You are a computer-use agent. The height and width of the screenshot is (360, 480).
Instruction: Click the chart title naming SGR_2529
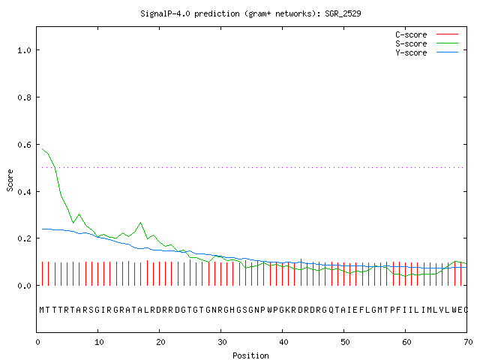coord(250,13)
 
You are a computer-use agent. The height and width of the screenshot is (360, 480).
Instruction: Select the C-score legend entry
coord(427,34)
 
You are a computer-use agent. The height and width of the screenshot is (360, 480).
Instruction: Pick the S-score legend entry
coord(427,43)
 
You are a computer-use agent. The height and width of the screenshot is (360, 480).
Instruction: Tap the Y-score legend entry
coord(427,52)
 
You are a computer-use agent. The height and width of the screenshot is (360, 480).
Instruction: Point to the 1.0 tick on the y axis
coord(24,50)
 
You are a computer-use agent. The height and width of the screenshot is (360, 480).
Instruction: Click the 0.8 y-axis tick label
coord(24,97)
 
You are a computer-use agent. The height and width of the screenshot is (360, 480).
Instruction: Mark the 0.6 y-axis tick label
coord(24,145)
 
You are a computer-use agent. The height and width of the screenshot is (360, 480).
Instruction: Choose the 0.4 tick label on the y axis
coord(24,192)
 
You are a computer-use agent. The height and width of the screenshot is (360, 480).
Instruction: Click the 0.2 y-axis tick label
coord(24,238)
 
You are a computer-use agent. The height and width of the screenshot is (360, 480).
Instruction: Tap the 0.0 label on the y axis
coord(24,286)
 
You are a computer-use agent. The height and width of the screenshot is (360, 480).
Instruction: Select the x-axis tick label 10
coord(99,342)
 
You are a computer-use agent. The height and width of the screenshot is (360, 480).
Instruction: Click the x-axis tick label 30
coord(222,342)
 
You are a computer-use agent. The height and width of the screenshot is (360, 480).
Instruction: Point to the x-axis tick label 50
coord(345,342)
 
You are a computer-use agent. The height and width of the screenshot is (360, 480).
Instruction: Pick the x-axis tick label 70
coord(468,342)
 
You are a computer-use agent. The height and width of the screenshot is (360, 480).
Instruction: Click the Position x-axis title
coord(250,355)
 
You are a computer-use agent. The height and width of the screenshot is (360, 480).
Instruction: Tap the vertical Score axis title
coord(10,181)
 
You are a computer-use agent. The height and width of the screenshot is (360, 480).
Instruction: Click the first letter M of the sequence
coord(42,310)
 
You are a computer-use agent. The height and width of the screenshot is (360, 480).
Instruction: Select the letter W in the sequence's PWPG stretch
coord(270,310)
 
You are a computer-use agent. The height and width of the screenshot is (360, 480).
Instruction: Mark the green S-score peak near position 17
coord(140,223)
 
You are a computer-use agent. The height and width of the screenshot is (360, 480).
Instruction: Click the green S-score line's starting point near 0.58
coord(42,148)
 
